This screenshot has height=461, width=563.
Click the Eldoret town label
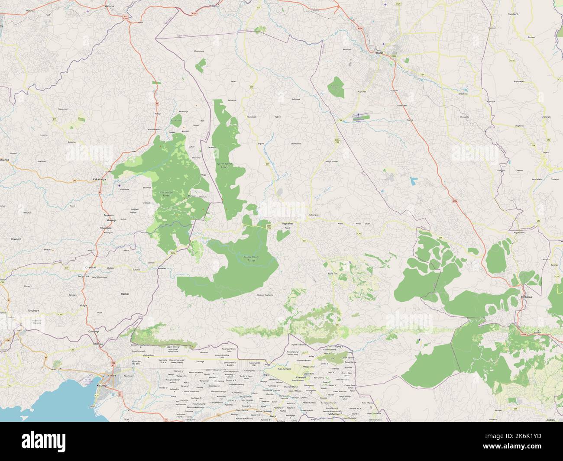(379, 53)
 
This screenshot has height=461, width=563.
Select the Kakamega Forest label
(165, 194)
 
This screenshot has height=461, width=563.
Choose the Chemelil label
(301, 377)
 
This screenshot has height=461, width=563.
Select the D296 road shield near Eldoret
(393, 56)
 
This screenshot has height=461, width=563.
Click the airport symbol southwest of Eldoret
(358, 115)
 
